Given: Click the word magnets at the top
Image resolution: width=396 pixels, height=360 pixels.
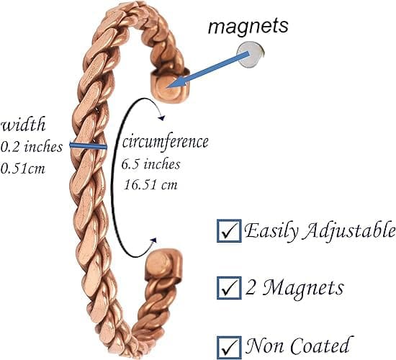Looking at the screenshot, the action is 248,26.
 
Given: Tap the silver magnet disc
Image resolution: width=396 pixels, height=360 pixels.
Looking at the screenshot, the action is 251,55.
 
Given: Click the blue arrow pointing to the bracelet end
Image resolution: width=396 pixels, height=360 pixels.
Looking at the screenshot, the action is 208,70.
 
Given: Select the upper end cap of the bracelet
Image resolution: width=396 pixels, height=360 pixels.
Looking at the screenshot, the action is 170,86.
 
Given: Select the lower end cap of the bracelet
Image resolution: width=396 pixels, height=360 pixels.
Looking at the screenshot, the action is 163,264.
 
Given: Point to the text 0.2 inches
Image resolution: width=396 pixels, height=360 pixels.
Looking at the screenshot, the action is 31,147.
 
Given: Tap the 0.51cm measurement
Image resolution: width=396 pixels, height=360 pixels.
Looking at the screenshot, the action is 23,168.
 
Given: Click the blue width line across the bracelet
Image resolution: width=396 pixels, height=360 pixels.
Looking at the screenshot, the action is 88,145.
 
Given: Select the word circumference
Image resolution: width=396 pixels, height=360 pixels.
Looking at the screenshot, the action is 166,142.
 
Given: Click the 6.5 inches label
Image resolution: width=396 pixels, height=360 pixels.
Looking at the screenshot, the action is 150,164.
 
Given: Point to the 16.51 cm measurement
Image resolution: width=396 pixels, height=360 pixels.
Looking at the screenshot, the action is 150,184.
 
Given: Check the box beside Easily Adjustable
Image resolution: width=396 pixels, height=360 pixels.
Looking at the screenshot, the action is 229,231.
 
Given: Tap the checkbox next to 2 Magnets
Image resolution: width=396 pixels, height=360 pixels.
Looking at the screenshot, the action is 229,288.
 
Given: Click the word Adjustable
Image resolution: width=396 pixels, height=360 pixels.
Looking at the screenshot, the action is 348,231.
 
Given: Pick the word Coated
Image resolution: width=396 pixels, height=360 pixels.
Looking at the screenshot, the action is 320,345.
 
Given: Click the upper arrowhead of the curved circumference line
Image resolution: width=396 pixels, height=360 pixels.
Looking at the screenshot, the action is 161,118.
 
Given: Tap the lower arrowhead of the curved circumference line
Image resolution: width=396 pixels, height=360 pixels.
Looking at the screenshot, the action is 153,240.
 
